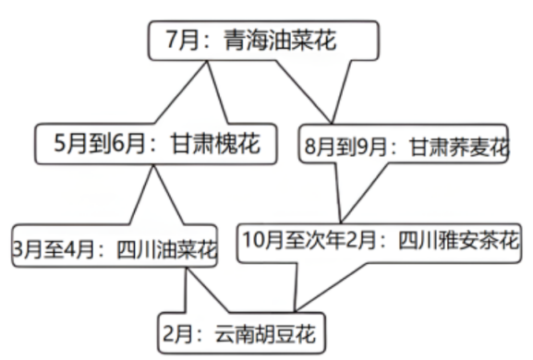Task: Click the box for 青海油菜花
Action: pos(264,42)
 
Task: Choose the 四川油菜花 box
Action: pos(115,249)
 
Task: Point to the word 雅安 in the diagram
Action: pos(454,240)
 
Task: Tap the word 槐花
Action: pos(236,144)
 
